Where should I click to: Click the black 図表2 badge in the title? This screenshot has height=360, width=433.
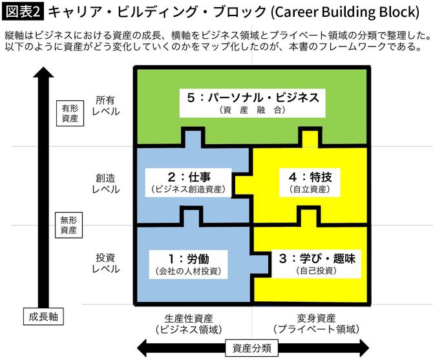tap(23, 12)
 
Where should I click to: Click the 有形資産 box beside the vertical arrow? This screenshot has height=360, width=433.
tap(69, 113)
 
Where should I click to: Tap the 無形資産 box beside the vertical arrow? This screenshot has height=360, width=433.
tap(69, 223)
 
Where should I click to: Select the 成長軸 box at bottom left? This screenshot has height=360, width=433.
tap(43, 317)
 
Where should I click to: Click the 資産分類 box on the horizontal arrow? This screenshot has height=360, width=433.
tap(252, 347)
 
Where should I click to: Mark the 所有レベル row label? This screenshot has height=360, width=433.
tap(105, 106)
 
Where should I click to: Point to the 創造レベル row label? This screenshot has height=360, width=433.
tap(105, 184)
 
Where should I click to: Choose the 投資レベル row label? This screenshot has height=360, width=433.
tap(105, 262)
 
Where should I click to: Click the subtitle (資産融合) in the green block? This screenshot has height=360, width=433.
tap(252, 111)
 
